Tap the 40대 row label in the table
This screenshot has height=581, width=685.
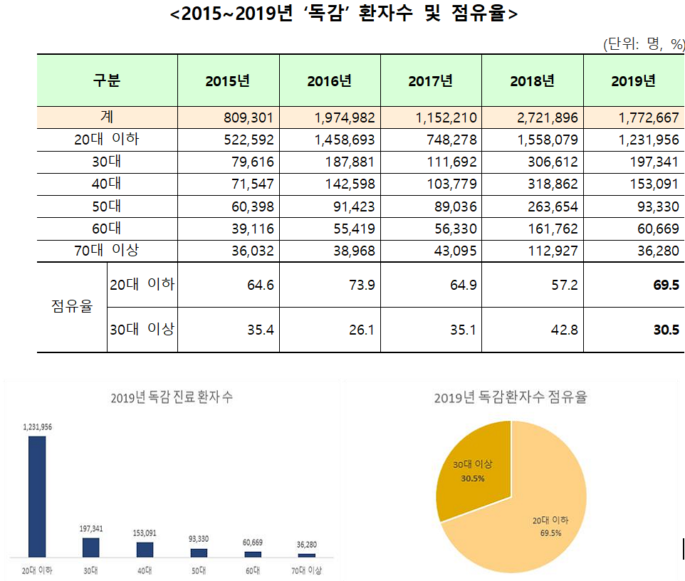pos(107,184)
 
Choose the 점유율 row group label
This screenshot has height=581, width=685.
pos(72,308)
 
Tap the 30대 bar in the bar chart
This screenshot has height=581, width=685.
pos(90,547)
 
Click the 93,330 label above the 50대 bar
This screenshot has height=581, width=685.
pos(199,538)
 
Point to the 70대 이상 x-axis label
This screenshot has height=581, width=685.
pos(306,570)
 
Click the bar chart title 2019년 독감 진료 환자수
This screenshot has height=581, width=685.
pos(172,397)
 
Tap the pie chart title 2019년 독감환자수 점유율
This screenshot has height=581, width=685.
pos(511,397)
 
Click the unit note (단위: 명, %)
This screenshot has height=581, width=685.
pos(644,45)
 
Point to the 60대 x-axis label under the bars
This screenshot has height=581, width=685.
pos(253,570)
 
